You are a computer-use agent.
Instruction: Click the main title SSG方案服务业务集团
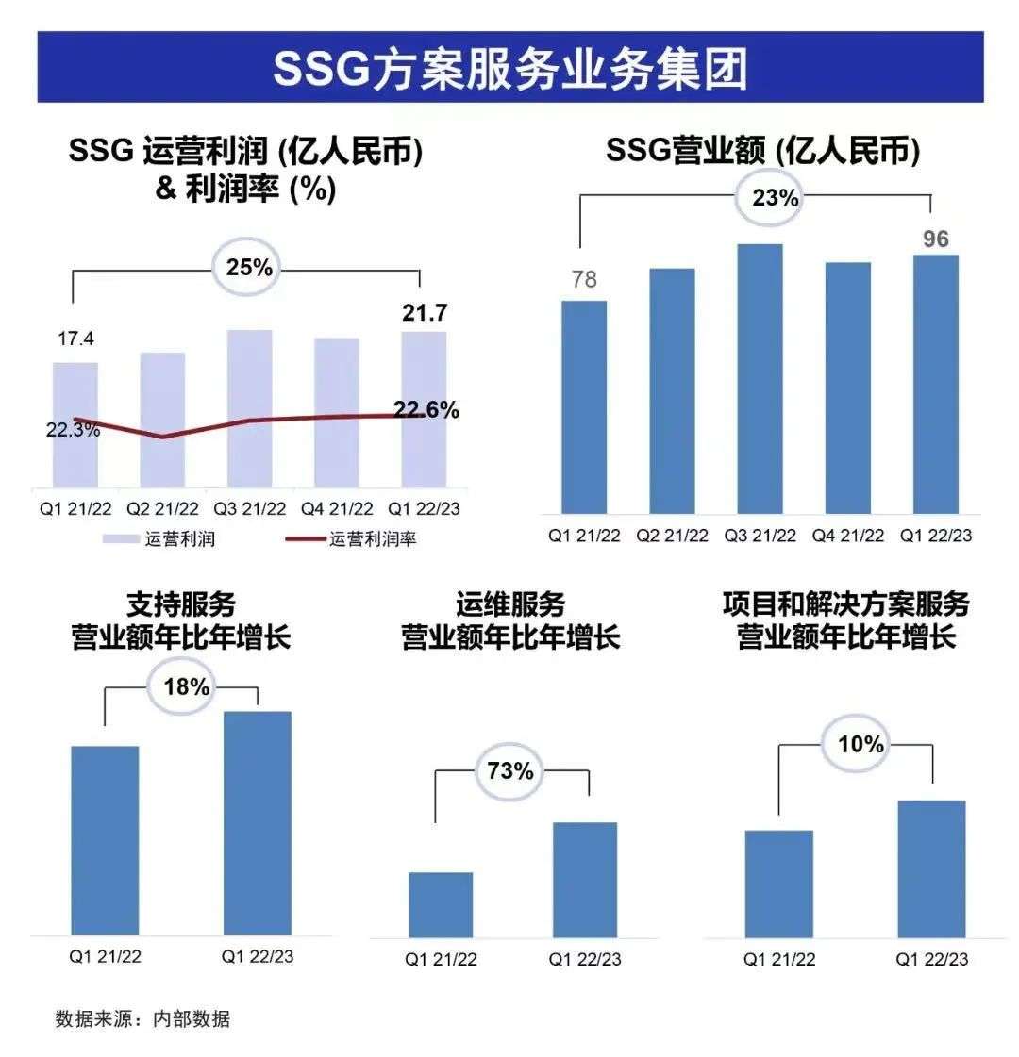(509, 68)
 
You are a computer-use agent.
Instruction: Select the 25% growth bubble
(249, 268)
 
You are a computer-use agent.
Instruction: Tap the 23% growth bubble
(776, 199)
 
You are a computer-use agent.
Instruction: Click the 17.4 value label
(76, 339)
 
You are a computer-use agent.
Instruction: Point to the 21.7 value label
(425, 313)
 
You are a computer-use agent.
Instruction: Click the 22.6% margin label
(426, 410)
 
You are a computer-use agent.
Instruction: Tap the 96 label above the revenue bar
(935, 239)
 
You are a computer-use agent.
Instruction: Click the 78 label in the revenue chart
(584, 280)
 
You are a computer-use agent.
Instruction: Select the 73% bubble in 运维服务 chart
(510, 771)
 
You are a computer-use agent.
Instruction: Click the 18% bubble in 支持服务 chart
(187, 686)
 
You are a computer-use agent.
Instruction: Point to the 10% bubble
(860, 745)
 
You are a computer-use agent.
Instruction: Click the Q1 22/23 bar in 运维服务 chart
(584, 880)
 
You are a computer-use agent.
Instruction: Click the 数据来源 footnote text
(142, 1019)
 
